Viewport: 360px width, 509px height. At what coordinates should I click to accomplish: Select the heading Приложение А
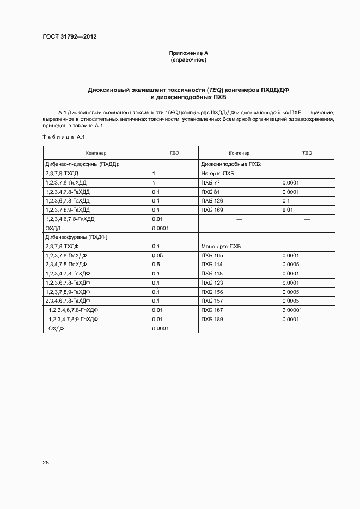pyautogui.click(x=188, y=53)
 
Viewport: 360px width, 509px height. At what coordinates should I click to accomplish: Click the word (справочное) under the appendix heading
pyautogui.click(x=188, y=59)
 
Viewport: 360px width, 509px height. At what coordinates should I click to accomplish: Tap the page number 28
pyautogui.click(x=46, y=462)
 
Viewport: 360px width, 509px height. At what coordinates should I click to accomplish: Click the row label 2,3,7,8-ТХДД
pyautogui.click(x=62, y=173)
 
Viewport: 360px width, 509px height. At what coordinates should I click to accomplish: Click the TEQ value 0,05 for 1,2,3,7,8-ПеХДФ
pyautogui.click(x=158, y=255)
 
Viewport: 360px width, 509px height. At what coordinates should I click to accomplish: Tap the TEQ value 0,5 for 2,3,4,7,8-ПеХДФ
pyautogui.click(x=156, y=264)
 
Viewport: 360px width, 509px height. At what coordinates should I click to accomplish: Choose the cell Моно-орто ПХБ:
pyautogui.click(x=222, y=246)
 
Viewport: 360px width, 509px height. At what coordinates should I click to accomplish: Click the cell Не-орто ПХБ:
pyautogui.click(x=218, y=173)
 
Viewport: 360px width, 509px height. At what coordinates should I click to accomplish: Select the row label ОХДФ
pyautogui.click(x=57, y=328)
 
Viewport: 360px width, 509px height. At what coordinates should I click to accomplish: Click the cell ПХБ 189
pyautogui.click(x=212, y=319)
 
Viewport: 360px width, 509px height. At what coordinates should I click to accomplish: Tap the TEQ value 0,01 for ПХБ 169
pyautogui.click(x=288, y=210)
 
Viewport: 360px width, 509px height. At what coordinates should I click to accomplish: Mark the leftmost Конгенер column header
pyautogui.click(x=96, y=153)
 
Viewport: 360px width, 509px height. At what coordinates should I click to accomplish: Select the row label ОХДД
pyautogui.click(x=53, y=228)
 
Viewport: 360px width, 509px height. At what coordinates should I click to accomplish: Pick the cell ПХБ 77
pyautogui.click(x=211, y=182)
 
